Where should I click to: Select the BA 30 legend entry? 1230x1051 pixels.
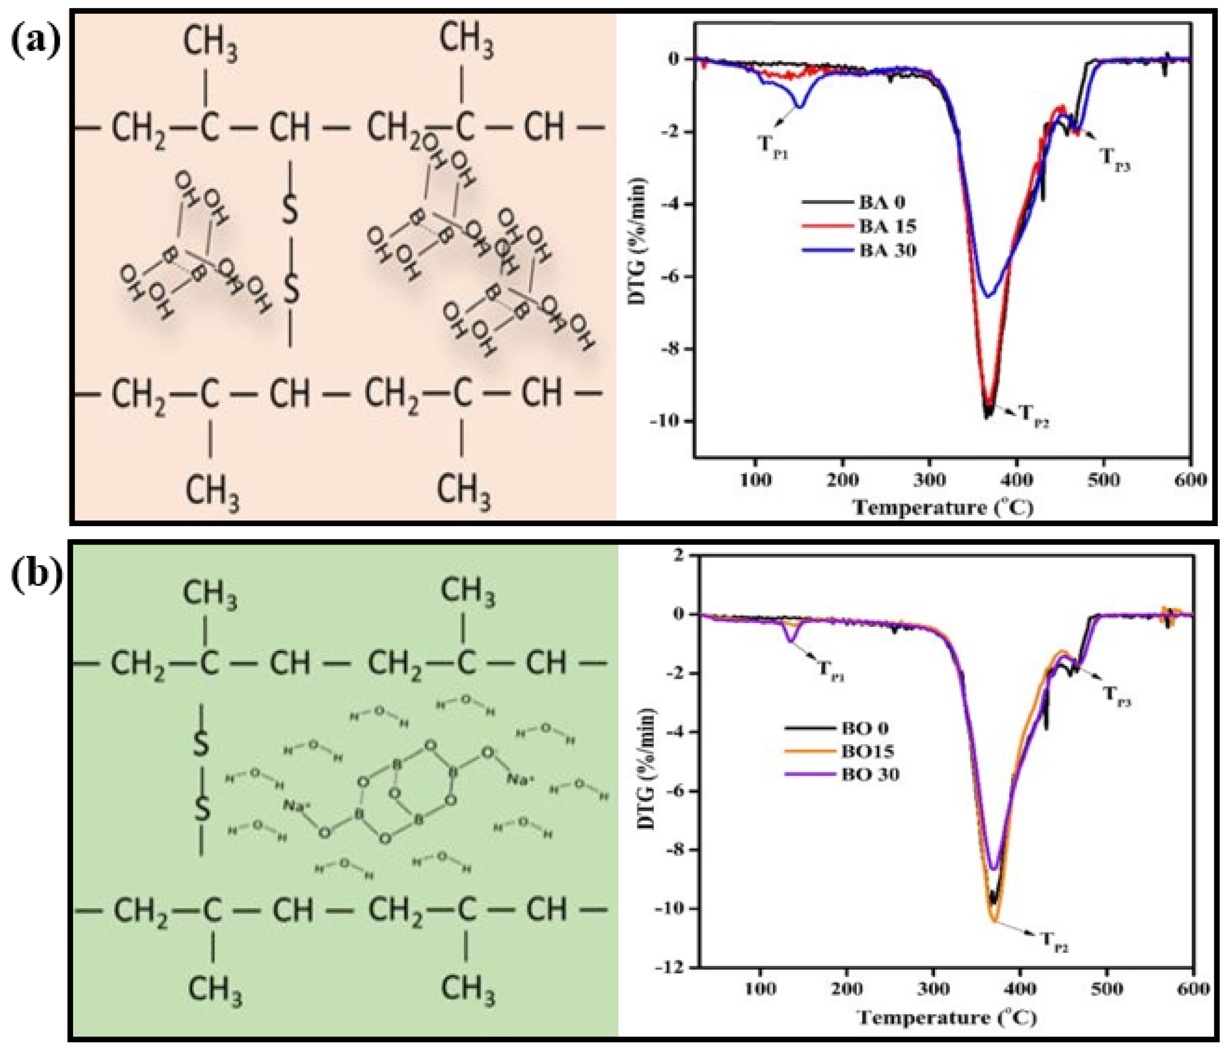(x=887, y=250)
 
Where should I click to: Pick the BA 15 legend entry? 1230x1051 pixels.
(x=887, y=226)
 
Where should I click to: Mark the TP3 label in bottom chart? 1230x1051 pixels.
(x=1116, y=696)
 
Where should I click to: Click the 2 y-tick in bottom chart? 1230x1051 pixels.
(x=686, y=554)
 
